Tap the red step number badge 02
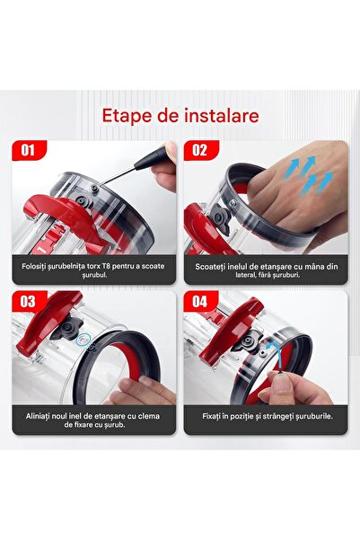click(x=200, y=149)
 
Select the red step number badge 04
click(x=200, y=301)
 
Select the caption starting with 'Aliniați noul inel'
click(x=95, y=418)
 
